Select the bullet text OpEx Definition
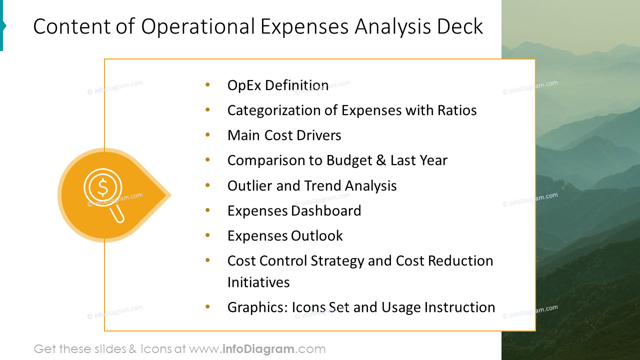click(x=278, y=85)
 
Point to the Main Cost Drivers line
click(x=284, y=135)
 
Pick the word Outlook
click(x=318, y=236)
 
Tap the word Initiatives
click(x=258, y=282)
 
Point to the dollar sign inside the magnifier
click(x=103, y=187)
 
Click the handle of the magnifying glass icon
click(x=118, y=213)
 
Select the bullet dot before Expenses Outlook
click(x=207, y=235)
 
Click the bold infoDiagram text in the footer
click(x=258, y=349)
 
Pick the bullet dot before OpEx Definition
click(x=207, y=85)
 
